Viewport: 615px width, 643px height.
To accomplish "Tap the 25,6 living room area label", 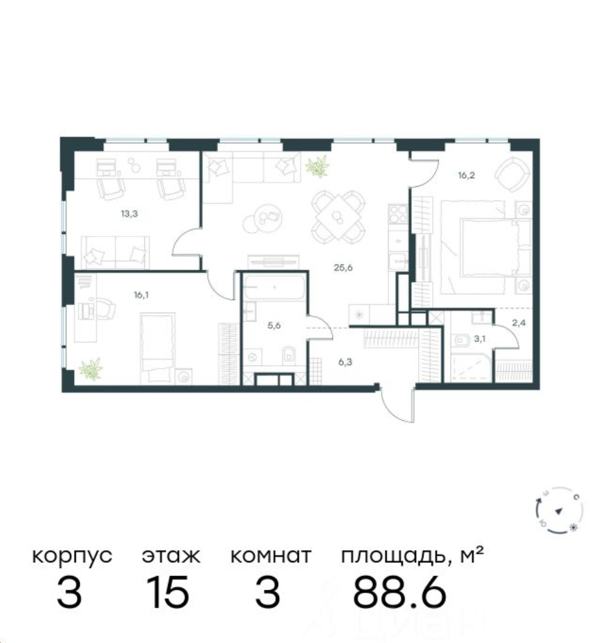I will [343, 266].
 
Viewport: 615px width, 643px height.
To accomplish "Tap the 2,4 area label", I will [519, 322].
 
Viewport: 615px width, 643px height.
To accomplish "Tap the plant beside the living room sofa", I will [317, 166].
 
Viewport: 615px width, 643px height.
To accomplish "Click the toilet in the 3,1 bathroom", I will [460, 341].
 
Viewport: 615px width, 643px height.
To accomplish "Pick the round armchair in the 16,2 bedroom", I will [510, 172].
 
